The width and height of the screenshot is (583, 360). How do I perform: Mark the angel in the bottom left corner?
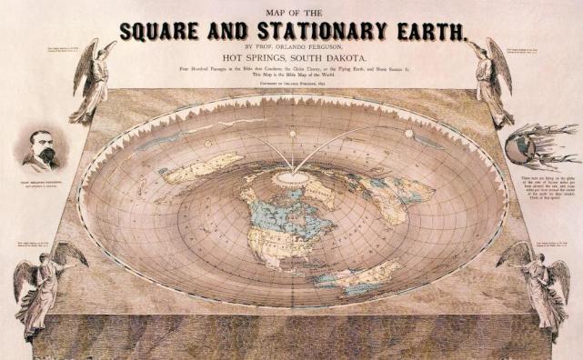[x=44, y=286]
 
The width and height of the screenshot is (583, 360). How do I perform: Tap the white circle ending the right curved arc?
[x=409, y=134]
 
